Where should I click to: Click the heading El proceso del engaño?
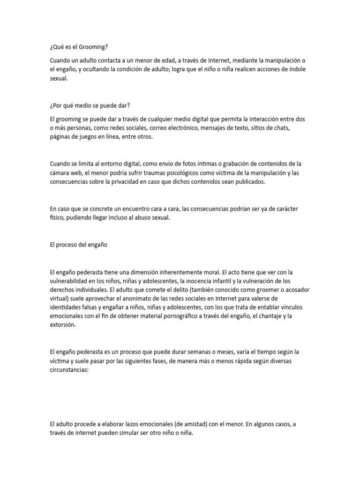78,245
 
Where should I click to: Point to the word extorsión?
62,325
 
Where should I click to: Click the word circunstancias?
70,369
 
